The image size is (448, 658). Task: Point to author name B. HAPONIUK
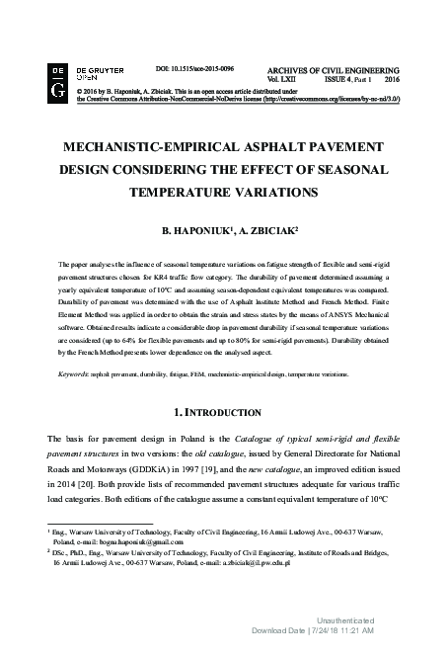point(188,231)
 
